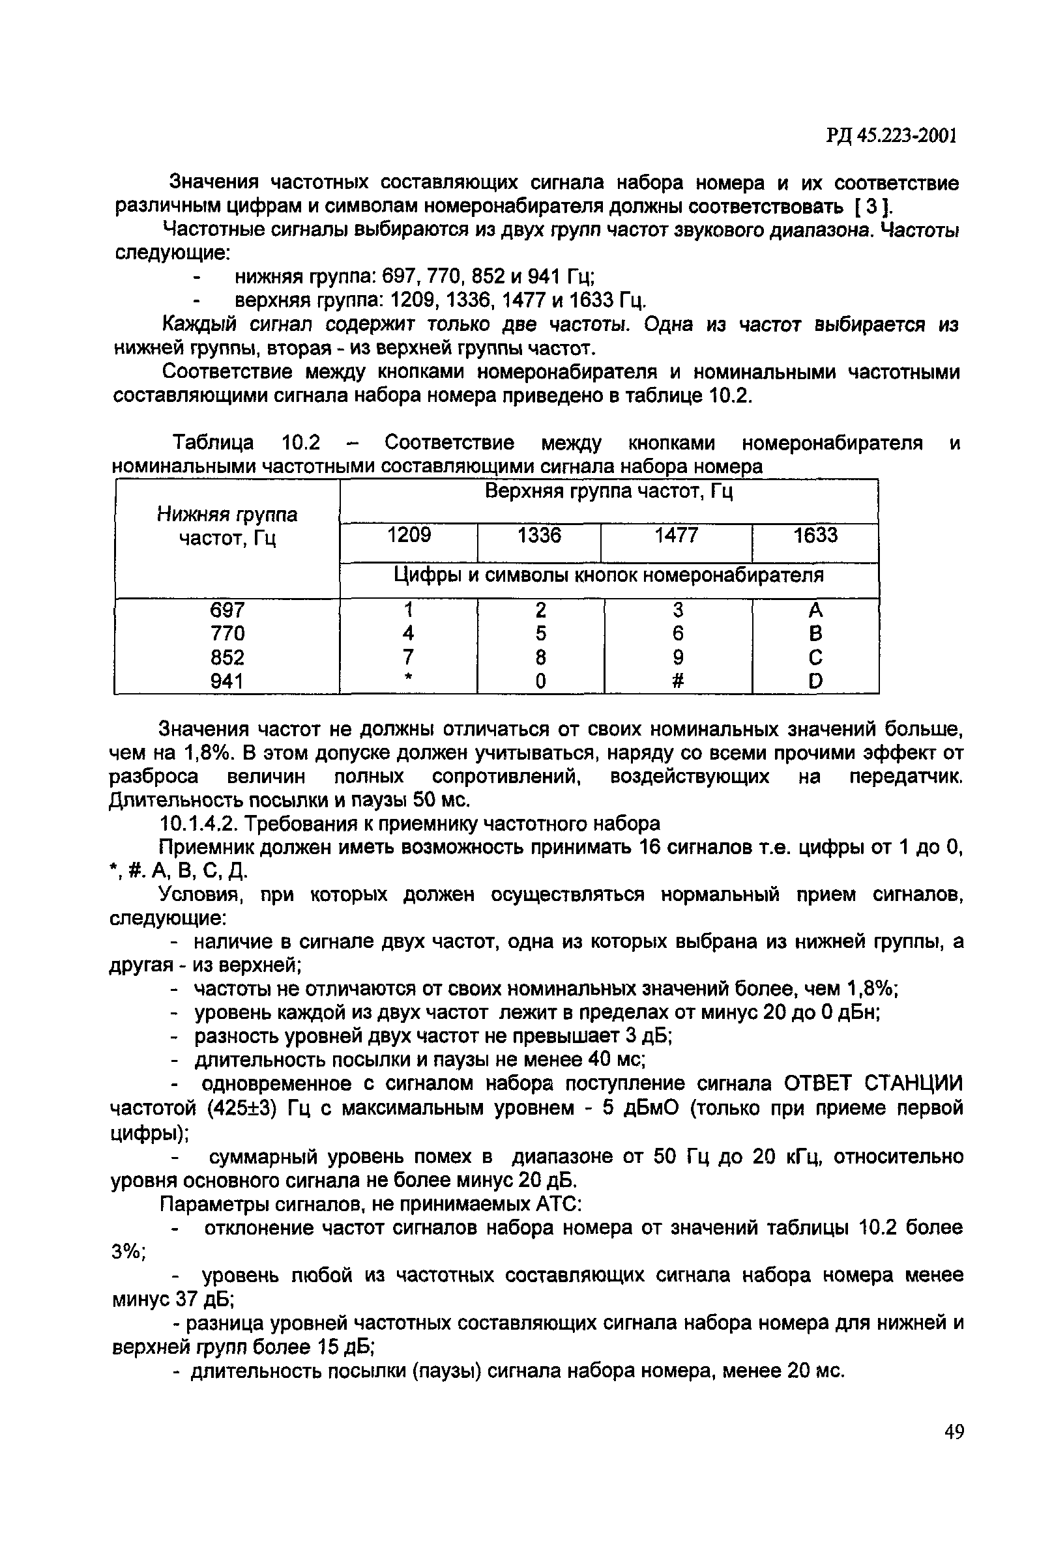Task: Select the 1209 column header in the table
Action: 409,535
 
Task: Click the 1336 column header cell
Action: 540,535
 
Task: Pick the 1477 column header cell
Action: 677,535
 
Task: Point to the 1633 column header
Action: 815,535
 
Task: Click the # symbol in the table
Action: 678,681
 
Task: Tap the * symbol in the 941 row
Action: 408,679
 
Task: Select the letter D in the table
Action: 815,681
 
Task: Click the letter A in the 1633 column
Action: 815,610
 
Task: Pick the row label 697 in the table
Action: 227,610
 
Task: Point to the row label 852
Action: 227,657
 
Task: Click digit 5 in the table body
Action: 541,634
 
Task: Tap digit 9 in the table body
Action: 678,657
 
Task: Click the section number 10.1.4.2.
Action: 200,823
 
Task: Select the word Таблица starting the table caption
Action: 213,442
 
